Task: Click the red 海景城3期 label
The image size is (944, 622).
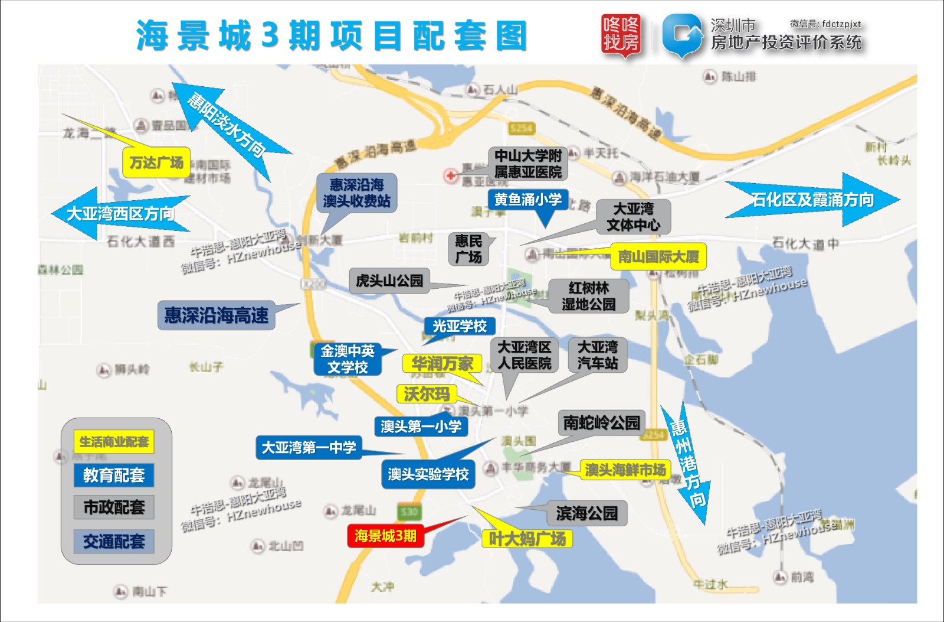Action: pos(385,536)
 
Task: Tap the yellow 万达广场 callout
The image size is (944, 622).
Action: pos(156,162)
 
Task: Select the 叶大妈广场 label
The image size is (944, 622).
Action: pos(527,539)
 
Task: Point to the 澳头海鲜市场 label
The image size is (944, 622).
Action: pos(625,470)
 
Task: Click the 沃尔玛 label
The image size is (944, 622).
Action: pos(427,394)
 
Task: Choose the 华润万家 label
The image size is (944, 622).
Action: pos(442,363)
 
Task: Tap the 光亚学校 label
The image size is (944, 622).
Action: pos(460,326)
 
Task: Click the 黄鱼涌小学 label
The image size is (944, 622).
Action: pos(528,200)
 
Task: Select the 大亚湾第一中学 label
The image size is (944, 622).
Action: pos(309,447)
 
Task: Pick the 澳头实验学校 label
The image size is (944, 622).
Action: pos(428,474)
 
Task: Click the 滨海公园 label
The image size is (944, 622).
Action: pos(586,513)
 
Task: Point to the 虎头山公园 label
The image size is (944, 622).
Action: pos(389,280)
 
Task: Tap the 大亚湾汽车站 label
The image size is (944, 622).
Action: pos(598,354)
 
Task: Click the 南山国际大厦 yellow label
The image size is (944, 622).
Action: pos(658,256)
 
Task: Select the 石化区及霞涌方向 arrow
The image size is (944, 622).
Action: pos(812,200)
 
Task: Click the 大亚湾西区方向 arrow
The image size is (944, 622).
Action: pos(120,213)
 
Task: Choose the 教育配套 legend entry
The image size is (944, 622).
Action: pos(114,475)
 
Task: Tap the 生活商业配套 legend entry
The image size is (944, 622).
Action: pos(114,441)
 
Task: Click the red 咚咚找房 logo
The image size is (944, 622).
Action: pos(621,34)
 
